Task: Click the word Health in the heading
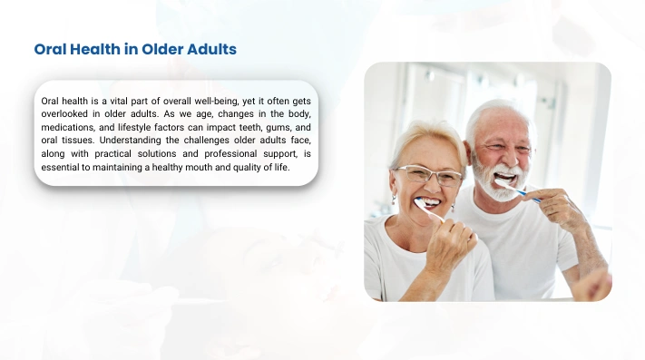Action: point(95,49)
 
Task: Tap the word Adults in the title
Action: point(212,49)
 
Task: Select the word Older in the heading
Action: point(162,49)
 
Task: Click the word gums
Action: point(279,128)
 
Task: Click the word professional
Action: point(230,153)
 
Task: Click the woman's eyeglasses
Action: point(428,176)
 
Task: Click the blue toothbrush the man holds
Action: point(517,190)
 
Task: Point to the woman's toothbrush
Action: point(430,209)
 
